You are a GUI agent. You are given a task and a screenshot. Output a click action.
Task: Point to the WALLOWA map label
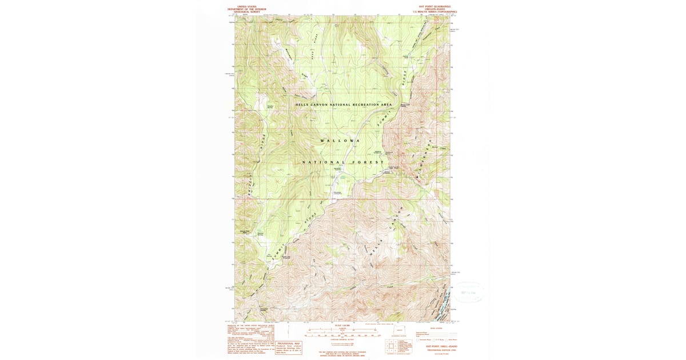point(340,141)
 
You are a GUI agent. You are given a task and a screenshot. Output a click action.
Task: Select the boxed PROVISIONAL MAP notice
point(289,348)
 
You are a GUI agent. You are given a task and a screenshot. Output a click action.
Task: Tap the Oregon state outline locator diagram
point(399,330)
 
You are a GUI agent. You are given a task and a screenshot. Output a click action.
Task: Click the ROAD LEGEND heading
point(436,328)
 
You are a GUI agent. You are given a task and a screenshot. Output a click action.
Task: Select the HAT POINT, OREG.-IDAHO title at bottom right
point(437,346)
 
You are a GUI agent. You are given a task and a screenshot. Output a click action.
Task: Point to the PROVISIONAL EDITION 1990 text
point(437,349)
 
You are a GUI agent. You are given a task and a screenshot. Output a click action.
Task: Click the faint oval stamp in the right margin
point(467,292)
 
